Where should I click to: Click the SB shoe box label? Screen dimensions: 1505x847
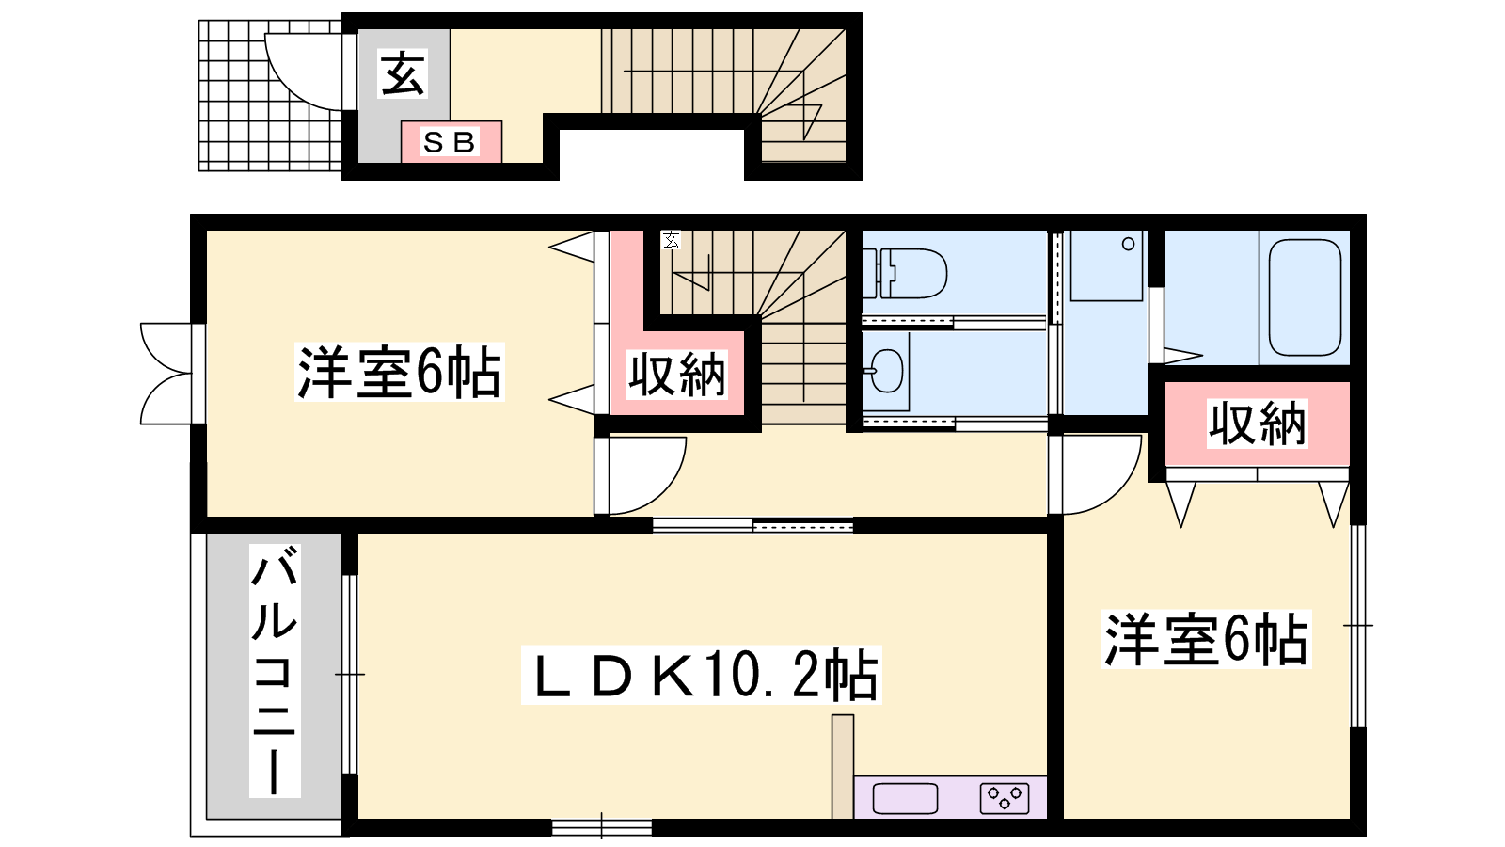pyautogui.click(x=450, y=142)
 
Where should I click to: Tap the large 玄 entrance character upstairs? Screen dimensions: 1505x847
pyautogui.click(x=404, y=73)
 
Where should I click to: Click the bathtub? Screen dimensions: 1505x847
pyautogui.click(x=1305, y=297)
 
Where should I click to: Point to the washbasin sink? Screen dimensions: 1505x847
pyautogui.click(x=885, y=371)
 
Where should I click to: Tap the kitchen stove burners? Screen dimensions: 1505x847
pyautogui.click(x=1005, y=799)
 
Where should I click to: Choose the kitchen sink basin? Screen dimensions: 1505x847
pyautogui.click(x=904, y=799)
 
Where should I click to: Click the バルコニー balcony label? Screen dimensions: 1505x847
pyautogui.click(x=274, y=671)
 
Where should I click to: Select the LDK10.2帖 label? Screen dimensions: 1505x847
pyautogui.click(x=701, y=675)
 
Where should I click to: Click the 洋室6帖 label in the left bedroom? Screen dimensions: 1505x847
pyautogui.click(x=399, y=372)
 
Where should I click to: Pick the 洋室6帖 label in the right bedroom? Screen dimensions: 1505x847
pyautogui.click(x=1206, y=639)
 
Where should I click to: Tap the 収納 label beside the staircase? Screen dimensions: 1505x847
pyautogui.click(x=676, y=375)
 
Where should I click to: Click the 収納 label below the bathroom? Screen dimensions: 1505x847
pyautogui.click(x=1257, y=423)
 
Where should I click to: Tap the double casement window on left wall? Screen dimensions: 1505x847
pyautogui.click(x=166, y=374)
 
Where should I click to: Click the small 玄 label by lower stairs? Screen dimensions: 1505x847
pyautogui.click(x=671, y=239)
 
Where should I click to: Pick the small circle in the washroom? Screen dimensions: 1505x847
pyautogui.click(x=1129, y=244)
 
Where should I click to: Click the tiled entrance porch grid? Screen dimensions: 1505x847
pyautogui.click(x=270, y=95)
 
